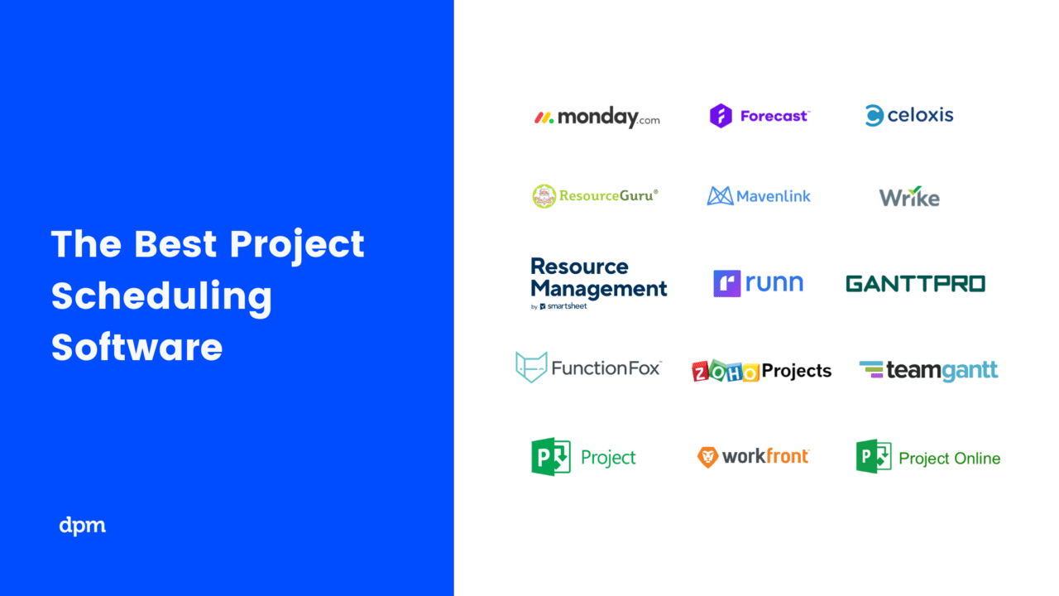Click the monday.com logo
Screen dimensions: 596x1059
[597, 118]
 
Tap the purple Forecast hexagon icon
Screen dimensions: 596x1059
[721, 116]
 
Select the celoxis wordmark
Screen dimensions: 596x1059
[920, 115]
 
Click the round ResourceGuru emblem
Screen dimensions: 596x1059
[544, 196]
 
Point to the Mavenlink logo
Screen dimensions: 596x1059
[759, 196]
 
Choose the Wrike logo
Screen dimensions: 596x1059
[909, 198]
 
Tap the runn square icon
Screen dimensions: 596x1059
[726, 284]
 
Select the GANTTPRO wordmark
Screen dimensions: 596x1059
[915, 284]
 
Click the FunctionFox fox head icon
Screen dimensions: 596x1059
[531, 367]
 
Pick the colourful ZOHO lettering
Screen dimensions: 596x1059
[726, 372]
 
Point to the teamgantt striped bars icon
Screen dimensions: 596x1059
[871, 369]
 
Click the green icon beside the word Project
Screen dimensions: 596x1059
[550, 457]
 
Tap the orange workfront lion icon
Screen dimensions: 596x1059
[707, 457]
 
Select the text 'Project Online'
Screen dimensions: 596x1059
[949, 459]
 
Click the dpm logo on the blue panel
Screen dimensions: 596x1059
[83, 525]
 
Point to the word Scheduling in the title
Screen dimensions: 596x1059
[161, 296]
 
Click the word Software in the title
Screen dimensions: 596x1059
[137, 347]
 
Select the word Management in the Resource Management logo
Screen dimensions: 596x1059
[598, 289]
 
